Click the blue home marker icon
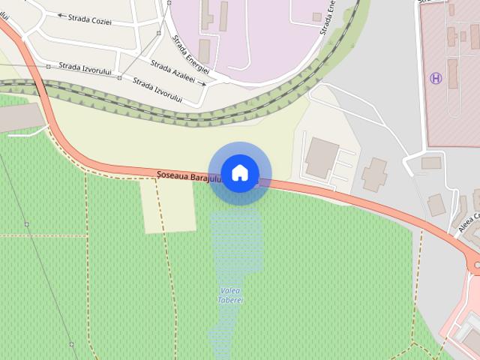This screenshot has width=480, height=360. click(x=239, y=173)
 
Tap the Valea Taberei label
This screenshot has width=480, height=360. click(x=232, y=295)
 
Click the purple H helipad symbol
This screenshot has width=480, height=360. click(x=435, y=77)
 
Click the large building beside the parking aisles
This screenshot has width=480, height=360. click(x=321, y=157)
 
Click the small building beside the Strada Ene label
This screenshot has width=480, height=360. click(x=317, y=16)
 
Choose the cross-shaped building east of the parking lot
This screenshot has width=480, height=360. click(x=374, y=175)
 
